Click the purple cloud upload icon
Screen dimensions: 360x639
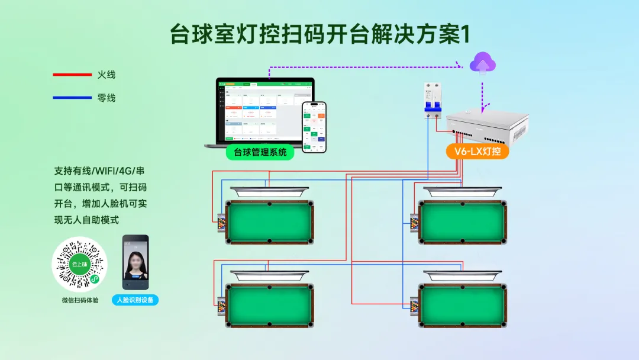[x=483, y=62]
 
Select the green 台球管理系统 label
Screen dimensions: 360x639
[x=260, y=152]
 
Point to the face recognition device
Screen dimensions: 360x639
[x=135, y=263]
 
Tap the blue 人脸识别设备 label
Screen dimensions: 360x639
[x=135, y=300]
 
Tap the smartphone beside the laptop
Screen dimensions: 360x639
[x=314, y=127]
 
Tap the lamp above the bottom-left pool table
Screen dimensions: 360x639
[x=270, y=275]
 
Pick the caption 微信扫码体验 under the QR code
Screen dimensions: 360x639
[x=80, y=300]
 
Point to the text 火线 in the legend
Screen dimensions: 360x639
[x=106, y=75]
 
